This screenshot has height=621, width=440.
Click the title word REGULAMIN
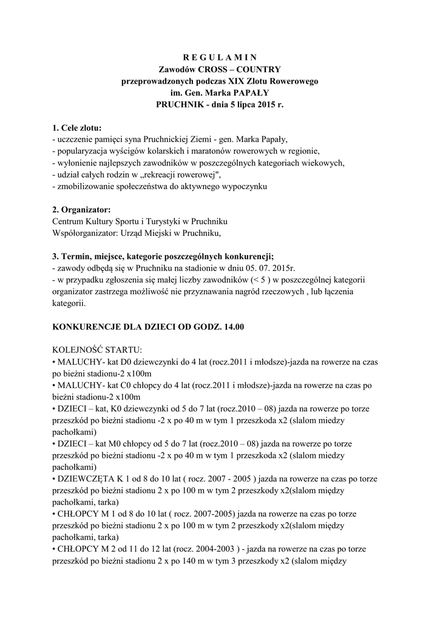tap(220, 58)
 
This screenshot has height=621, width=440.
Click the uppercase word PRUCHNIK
tap(180, 104)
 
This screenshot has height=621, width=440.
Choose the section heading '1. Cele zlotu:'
tap(77, 128)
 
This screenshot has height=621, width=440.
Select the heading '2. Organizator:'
tap(82, 210)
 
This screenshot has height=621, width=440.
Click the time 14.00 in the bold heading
tap(231, 327)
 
